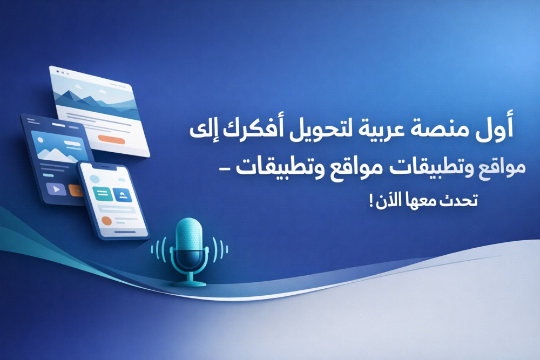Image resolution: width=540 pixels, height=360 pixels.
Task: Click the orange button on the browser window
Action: pyautogui.click(x=111, y=139)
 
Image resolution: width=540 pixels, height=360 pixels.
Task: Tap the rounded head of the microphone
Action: pyautogui.click(x=188, y=234)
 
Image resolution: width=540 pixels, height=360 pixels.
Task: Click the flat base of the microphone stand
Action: pyautogui.click(x=190, y=284)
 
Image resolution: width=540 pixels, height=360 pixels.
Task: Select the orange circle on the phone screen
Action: pyautogui.click(x=107, y=221)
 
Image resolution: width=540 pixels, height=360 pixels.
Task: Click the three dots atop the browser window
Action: pyautogui.click(x=63, y=72)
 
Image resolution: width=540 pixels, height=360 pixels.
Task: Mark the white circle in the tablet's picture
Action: pyautogui.click(x=40, y=140)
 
